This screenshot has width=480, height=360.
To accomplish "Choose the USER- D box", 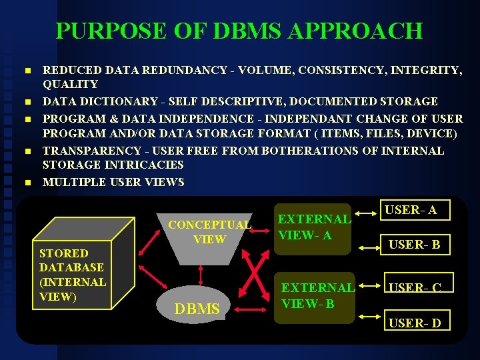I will tap(414, 322).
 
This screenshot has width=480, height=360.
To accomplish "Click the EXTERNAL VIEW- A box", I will tap(313, 227).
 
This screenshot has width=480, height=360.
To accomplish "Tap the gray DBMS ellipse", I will tap(197, 308).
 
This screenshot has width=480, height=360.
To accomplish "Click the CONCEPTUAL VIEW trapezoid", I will tap(209, 231).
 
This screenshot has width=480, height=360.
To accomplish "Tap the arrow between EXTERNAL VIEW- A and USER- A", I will tap(365, 214).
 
